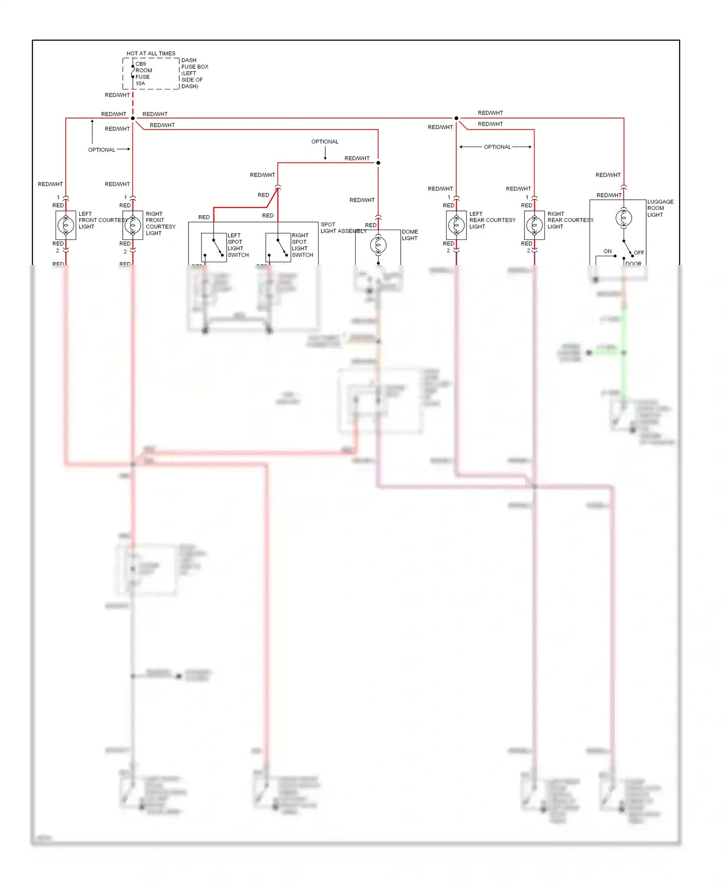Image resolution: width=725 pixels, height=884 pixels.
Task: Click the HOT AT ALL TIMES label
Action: click(x=151, y=53)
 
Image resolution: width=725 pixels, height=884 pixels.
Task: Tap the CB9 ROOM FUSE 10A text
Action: click(x=143, y=74)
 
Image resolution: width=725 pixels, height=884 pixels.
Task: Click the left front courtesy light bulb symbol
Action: click(x=66, y=225)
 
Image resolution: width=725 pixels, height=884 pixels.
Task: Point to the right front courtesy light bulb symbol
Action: click(x=133, y=225)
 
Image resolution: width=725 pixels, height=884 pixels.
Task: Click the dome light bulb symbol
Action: click(x=378, y=245)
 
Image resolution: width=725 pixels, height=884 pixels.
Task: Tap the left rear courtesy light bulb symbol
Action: click(x=456, y=225)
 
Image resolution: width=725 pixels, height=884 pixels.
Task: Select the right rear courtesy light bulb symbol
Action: click(x=534, y=225)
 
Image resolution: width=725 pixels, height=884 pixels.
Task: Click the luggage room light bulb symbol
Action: click(x=623, y=218)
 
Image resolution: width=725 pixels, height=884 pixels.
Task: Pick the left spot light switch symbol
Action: click(x=214, y=247)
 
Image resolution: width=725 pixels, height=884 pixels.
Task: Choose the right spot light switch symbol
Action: click(x=278, y=247)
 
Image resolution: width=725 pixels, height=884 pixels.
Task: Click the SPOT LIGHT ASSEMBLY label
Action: click(x=343, y=228)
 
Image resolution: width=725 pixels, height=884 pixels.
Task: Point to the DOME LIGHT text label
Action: click(x=409, y=235)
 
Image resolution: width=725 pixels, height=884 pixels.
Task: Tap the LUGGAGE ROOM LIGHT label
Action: click(x=660, y=208)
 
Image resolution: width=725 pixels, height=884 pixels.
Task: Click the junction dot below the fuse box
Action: click(x=133, y=118)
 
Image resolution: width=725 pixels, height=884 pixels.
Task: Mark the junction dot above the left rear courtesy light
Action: click(x=456, y=118)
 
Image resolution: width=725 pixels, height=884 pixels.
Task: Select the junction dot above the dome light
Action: click(x=378, y=163)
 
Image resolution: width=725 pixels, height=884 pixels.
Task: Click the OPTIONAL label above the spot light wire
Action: click(x=325, y=142)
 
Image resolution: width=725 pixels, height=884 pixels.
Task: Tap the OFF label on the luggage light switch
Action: click(x=638, y=253)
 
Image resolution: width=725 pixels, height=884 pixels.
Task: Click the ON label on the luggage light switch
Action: click(x=607, y=251)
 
